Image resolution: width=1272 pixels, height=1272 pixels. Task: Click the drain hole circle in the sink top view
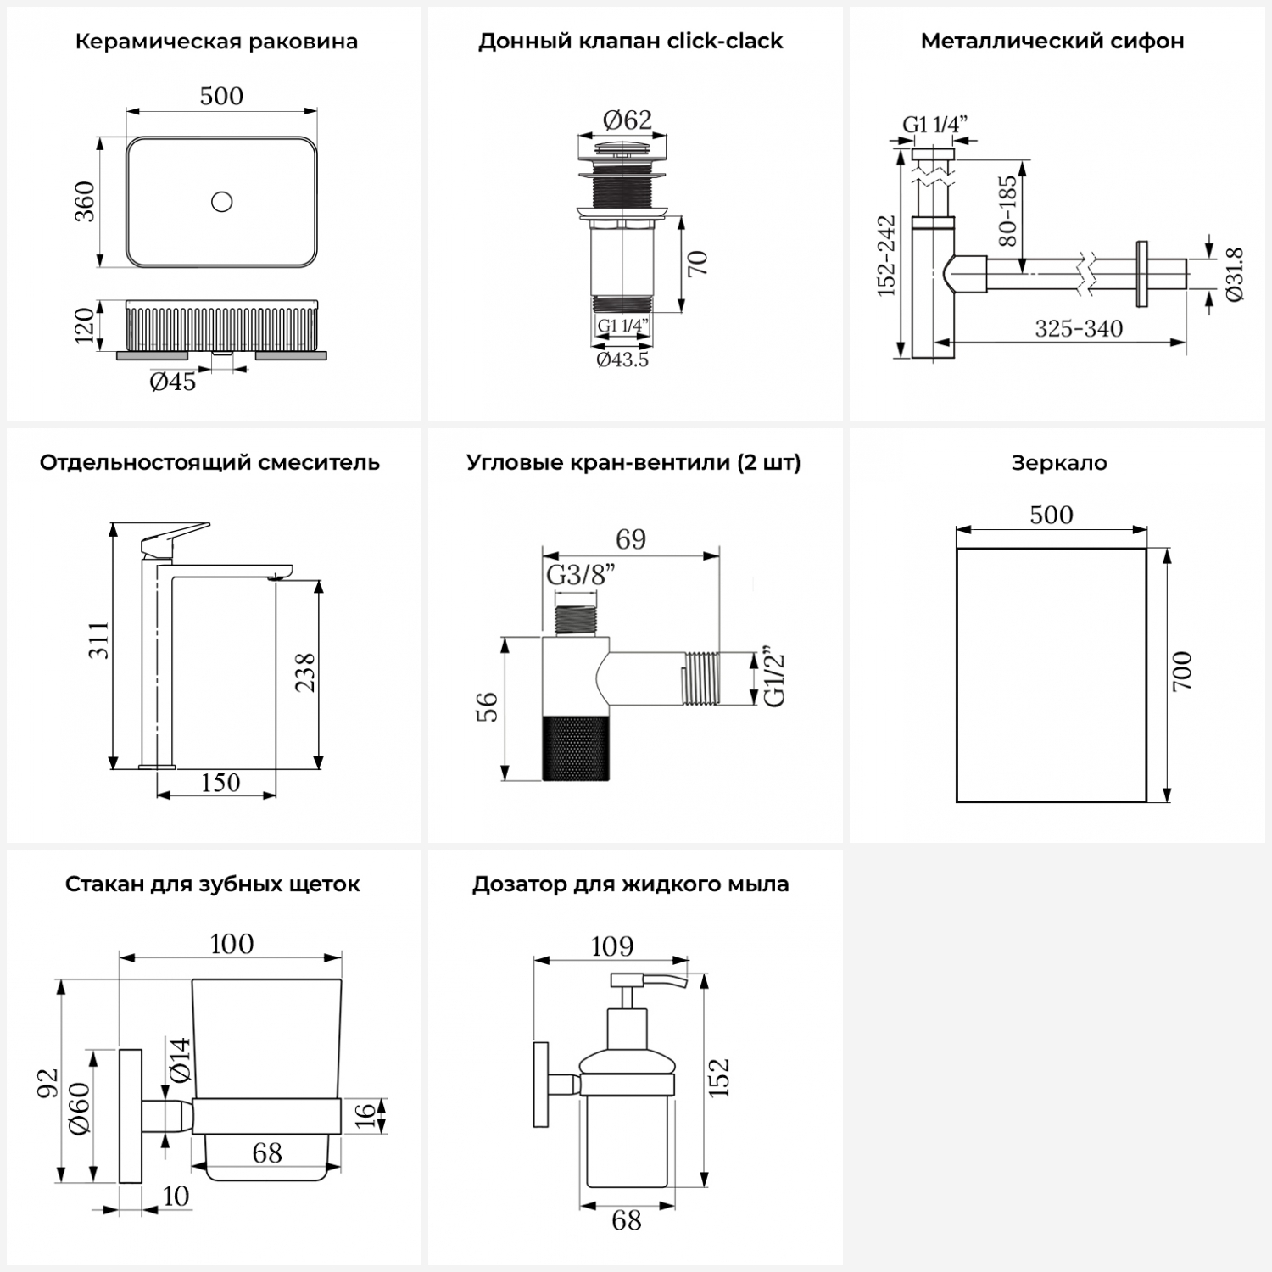click(221, 202)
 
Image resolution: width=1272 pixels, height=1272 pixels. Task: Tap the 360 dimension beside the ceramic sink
click(86, 202)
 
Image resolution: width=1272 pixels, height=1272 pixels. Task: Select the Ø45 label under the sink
click(173, 382)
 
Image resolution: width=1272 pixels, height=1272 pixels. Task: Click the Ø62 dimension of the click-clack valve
click(628, 120)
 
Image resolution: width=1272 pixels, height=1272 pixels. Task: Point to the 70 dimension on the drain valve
click(698, 263)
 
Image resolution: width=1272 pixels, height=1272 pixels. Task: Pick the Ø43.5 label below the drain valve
click(622, 360)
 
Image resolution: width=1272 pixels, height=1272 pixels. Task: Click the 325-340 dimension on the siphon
click(1079, 329)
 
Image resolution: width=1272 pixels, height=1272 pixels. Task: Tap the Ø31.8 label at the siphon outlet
click(1234, 274)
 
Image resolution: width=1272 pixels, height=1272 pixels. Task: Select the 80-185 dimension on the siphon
click(1007, 211)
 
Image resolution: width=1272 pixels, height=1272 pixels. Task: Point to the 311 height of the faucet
click(99, 640)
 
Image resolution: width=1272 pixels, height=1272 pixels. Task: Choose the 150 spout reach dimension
click(220, 783)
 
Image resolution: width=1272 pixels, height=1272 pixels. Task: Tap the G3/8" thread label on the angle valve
click(581, 576)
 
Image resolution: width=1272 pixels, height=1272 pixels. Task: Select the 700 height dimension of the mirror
click(1182, 671)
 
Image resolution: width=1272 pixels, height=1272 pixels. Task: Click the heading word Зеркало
click(1059, 463)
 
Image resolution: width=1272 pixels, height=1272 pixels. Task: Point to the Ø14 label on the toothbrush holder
click(179, 1060)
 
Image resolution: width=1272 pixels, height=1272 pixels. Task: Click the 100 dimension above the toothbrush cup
click(231, 944)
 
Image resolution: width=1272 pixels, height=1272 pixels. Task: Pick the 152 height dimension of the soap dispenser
click(719, 1077)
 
